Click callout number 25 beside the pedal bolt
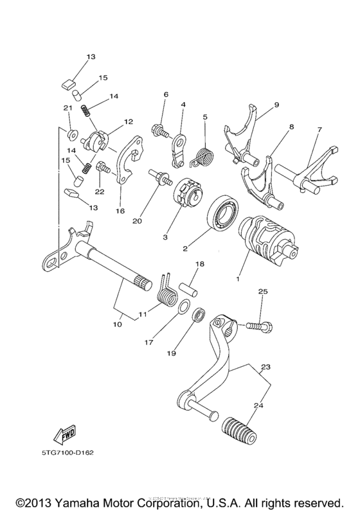pyautogui.click(x=262, y=292)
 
